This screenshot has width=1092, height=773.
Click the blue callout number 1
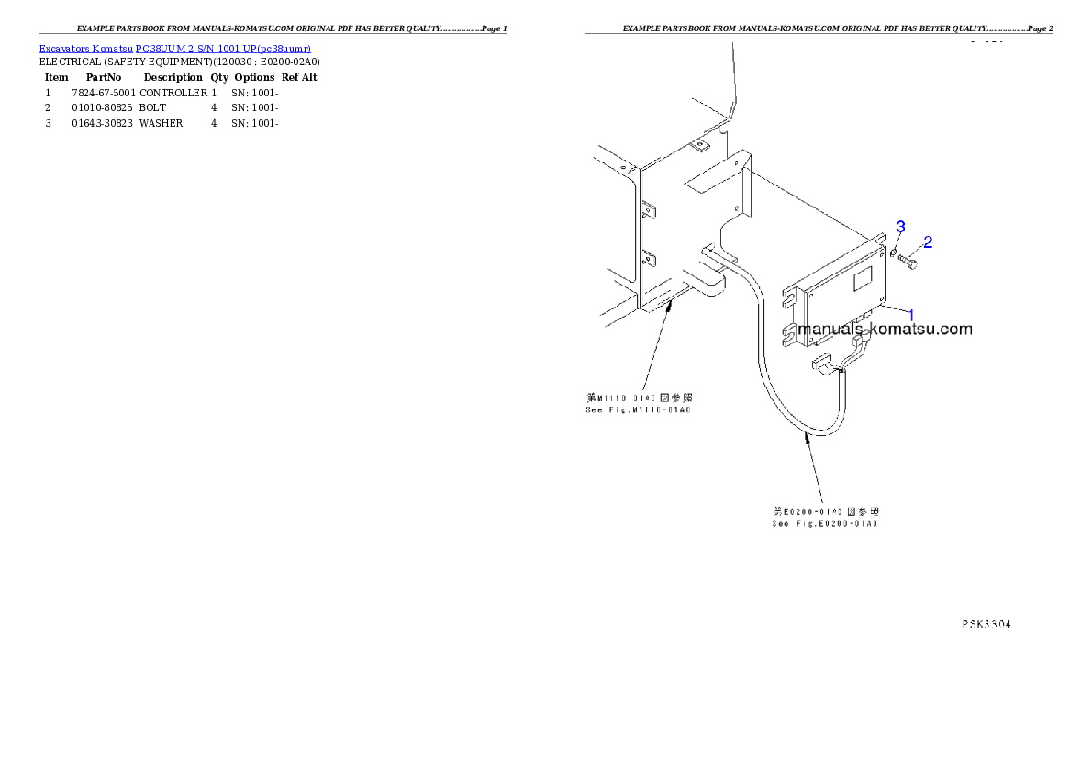911,314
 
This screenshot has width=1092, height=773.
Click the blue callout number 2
928,242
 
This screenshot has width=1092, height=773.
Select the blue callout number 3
900,226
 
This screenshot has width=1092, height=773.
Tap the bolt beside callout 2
909,263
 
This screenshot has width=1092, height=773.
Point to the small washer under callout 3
893,251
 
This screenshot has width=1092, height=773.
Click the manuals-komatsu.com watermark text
885,330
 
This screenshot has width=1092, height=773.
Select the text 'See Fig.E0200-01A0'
824,523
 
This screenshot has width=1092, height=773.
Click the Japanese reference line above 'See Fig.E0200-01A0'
826,511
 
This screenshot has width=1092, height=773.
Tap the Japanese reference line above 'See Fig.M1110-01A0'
639,398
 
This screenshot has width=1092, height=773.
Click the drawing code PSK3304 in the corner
986,623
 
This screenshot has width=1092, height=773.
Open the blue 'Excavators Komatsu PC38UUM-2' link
174,48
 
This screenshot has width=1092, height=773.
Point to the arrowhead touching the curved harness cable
808,441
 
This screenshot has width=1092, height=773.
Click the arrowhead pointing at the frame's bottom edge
673,305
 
